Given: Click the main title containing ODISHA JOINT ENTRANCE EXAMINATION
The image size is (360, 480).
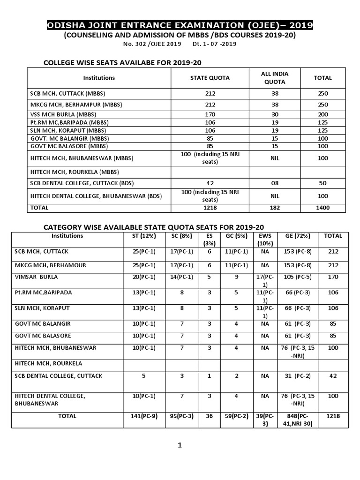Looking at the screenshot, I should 180,25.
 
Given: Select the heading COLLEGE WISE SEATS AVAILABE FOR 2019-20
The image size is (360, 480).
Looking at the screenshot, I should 122,63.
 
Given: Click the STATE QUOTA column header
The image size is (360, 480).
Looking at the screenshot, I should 210,78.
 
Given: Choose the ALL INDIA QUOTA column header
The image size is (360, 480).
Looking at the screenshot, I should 275,78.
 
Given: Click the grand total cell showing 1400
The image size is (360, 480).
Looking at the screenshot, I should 322,207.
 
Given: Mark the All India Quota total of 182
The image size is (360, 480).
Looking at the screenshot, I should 275,207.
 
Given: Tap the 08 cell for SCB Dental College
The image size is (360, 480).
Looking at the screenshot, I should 275,183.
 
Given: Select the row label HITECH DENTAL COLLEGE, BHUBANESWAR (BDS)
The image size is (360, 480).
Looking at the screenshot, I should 96,196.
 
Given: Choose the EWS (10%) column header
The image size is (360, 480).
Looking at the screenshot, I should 265,240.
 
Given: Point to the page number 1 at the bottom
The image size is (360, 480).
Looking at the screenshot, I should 179,445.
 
